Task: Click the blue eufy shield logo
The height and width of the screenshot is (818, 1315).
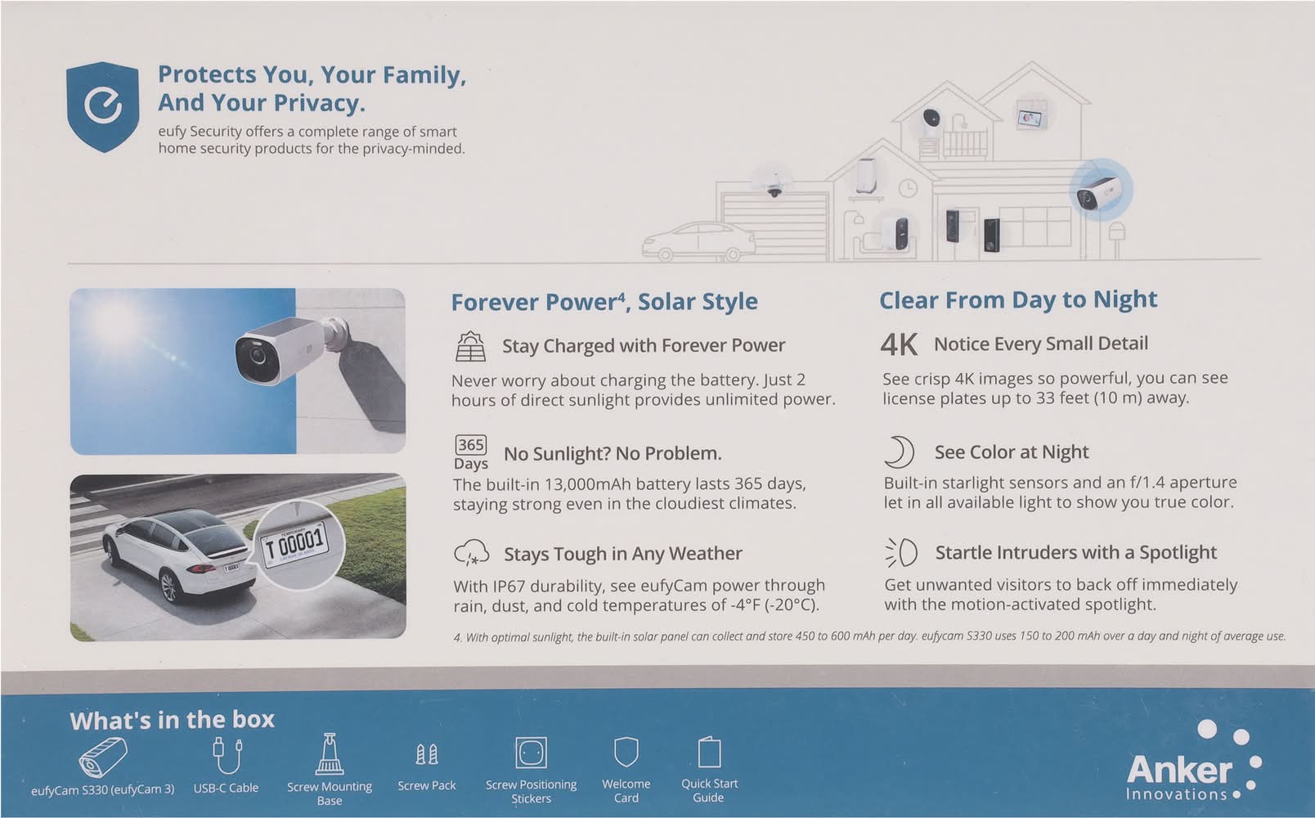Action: (103, 106)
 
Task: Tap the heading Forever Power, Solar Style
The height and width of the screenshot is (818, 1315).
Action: (604, 301)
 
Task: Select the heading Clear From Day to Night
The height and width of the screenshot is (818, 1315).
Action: (1018, 299)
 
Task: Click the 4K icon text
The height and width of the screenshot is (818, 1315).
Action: (898, 344)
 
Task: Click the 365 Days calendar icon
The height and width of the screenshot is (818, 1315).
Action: (471, 452)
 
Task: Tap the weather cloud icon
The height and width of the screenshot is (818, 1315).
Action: (471, 553)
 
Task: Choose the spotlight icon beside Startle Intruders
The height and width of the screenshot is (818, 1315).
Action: (901, 553)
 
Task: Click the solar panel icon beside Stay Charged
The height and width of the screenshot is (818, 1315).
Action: (470, 346)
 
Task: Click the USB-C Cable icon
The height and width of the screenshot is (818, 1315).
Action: (227, 757)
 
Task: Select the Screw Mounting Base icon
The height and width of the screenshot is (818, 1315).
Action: (330, 754)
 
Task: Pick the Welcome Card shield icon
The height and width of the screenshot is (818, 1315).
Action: (626, 753)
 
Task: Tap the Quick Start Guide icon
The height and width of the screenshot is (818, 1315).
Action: (709, 753)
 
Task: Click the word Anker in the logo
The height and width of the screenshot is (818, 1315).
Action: (1179, 770)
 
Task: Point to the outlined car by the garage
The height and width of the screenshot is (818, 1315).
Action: (698, 241)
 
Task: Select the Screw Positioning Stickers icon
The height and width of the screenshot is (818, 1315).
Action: (532, 753)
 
